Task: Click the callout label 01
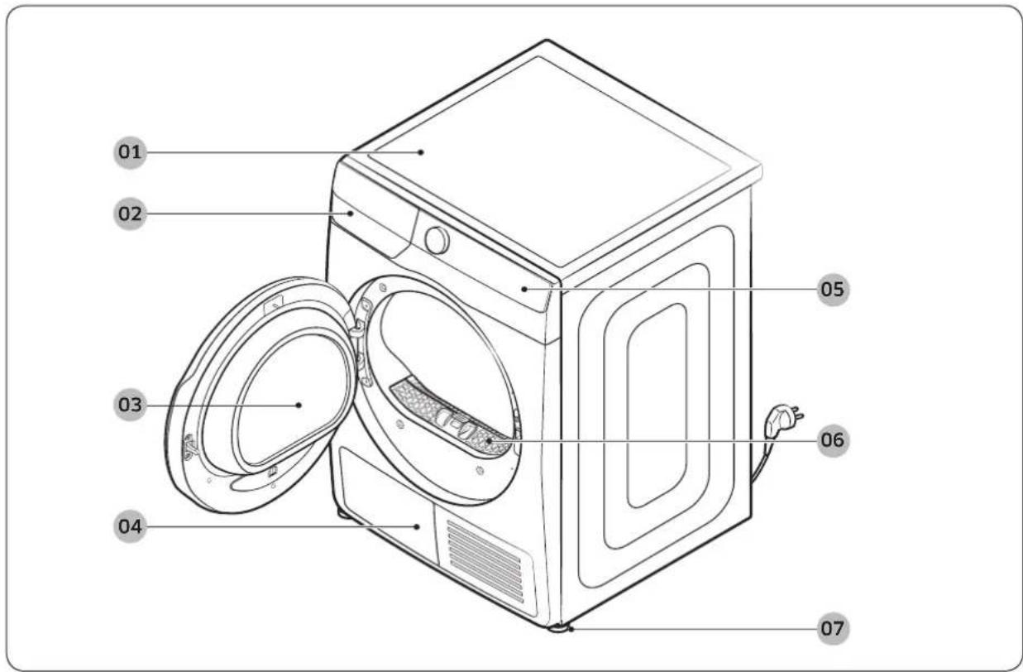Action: (x=130, y=152)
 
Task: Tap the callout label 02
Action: (x=130, y=214)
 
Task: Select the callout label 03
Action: (x=130, y=405)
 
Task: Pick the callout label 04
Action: (x=130, y=526)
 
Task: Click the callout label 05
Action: (x=833, y=290)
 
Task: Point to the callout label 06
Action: (x=833, y=440)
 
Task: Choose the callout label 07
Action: (x=833, y=629)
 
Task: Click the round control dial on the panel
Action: (x=437, y=240)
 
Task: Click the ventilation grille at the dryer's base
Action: (x=485, y=561)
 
